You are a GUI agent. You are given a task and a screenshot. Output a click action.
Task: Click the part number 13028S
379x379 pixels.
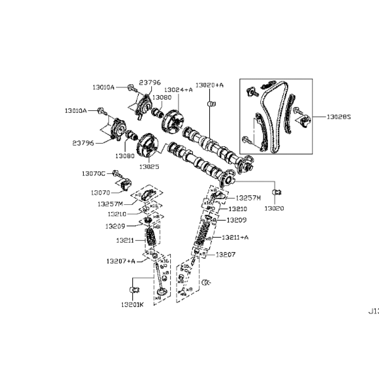(x=339, y=117)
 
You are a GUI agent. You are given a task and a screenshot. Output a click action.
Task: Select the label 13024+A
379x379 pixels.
(x=178, y=90)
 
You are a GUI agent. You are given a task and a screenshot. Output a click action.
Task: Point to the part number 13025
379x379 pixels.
(x=149, y=166)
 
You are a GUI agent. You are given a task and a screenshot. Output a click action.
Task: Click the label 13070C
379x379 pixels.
(x=93, y=174)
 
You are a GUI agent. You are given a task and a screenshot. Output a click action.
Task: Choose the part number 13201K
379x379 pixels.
(x=132, y=304)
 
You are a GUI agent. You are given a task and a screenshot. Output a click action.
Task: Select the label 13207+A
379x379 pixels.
(x=121, y=261)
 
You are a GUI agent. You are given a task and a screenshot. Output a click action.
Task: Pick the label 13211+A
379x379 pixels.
(x=235, y=237)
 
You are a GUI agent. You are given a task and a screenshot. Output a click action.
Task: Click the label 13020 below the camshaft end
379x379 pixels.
(x=274, y=208)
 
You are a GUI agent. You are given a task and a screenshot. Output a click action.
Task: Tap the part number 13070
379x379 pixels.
(x=100, y=193)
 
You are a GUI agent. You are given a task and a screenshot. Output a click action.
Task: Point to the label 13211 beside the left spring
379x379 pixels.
(x=125, y=240)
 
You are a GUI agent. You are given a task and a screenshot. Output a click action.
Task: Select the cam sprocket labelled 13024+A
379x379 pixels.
(x=172, y=121)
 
